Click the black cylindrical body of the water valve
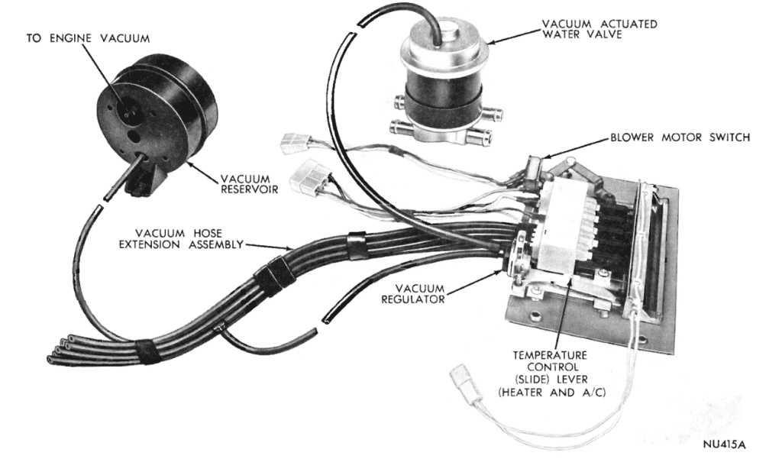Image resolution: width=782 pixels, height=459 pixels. pos(443,92)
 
